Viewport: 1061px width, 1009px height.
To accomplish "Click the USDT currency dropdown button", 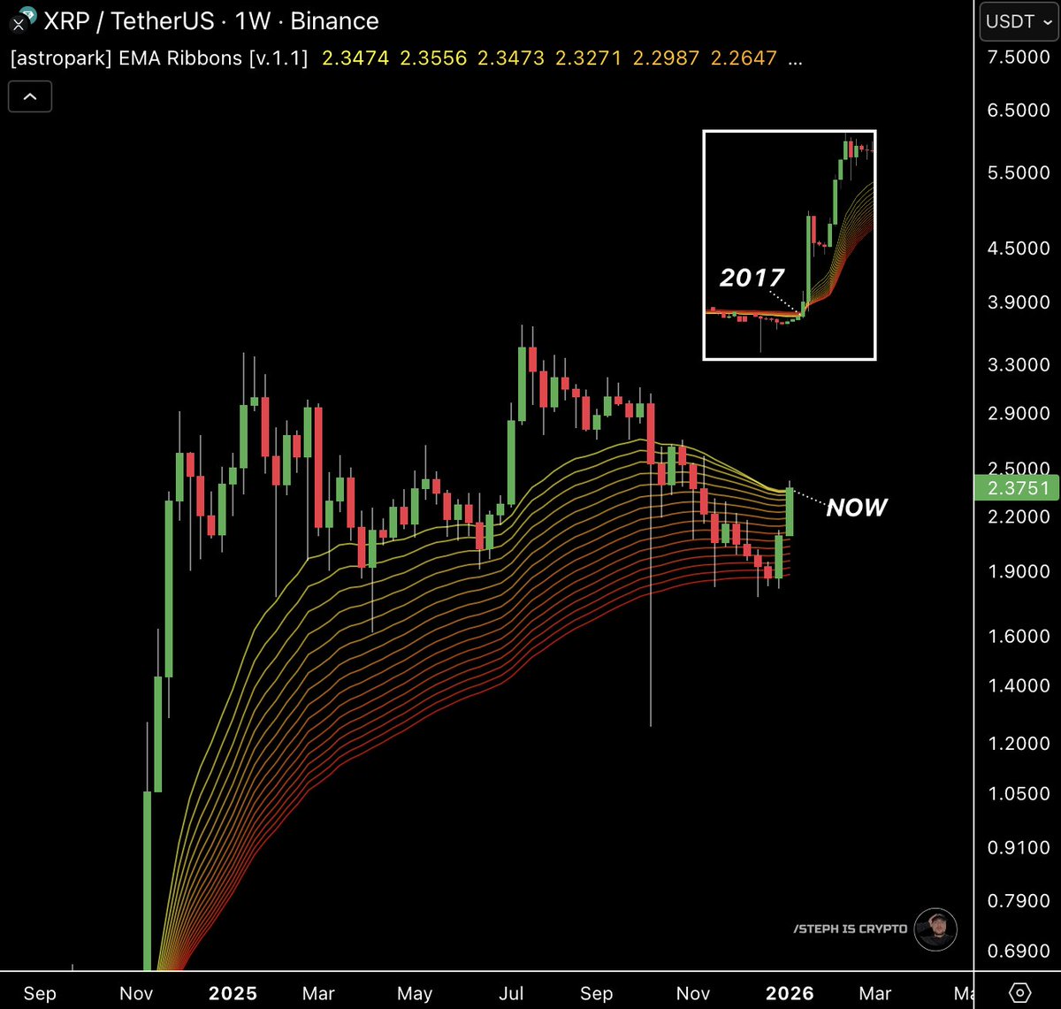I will coord(1019,22).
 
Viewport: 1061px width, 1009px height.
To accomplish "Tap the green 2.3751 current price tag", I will coord(1017,487).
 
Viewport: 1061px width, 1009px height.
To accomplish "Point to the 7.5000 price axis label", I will coord(1019,57).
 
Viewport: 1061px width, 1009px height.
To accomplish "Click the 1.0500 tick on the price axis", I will coord(1019,793).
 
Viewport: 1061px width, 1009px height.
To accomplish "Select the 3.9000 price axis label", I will coord(1019,302).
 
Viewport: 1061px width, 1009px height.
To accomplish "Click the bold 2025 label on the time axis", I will coord(233,993).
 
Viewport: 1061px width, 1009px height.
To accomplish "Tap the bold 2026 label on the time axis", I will coord(789,993).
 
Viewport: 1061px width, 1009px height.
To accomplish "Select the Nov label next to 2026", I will coord(693,993).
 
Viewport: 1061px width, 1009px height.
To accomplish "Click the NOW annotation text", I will coord(856,508).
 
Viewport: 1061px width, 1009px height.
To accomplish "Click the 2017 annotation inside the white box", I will coord(752,278).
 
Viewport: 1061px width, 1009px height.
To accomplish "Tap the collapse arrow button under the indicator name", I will coord(30,96).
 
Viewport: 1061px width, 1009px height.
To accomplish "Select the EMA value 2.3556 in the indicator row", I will coord(433,58).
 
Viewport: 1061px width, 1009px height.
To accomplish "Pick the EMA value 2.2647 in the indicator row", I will coord(744,58).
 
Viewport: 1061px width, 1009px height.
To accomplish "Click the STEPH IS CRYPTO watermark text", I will coord(850,929).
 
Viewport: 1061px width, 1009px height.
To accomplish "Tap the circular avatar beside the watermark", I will coord(935,929).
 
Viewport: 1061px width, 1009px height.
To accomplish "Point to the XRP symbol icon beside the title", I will coord(19,19).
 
